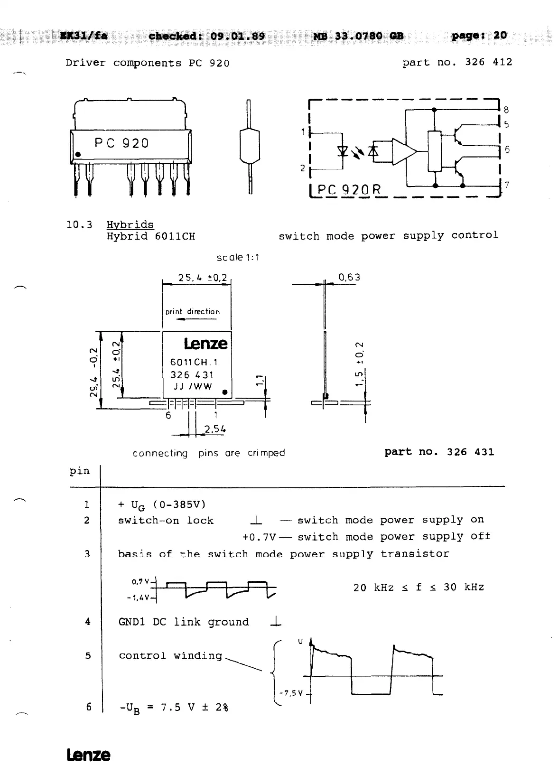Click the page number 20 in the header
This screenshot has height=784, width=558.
500,35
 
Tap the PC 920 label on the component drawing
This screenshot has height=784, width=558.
121,143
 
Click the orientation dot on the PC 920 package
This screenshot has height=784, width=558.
78,155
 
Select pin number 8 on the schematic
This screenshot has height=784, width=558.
506,110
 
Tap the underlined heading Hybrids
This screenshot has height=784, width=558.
130,225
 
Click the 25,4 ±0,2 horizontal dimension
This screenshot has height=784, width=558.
202,278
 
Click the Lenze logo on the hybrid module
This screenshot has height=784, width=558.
205,343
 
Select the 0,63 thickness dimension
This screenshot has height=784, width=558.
349,277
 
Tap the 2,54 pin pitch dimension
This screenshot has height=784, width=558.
214,429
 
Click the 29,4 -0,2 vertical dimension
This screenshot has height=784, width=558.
95,372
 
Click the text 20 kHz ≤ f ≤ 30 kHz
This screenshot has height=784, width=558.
418,588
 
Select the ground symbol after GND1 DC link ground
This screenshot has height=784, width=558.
275,622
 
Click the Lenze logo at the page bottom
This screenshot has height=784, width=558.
88,755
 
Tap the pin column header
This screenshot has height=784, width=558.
79,471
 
